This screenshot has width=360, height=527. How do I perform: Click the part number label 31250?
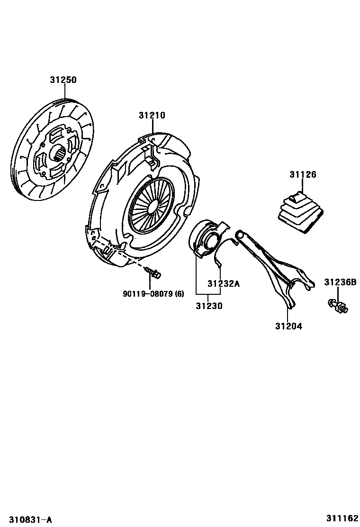(x=63, y=80)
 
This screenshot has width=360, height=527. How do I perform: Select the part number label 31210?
(x=152, y=115)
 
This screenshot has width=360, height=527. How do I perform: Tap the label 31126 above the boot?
(x=303, y=175)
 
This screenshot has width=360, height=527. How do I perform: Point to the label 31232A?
(x=224, y=284)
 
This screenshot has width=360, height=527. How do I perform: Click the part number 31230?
(x=209, y=306)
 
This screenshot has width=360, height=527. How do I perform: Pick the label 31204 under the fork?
(x=288, y=326)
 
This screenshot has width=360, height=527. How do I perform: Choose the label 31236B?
(x=340, y=283)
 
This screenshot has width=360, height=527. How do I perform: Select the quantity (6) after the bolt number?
(x=179, y=294)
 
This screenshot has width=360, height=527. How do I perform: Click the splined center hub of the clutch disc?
(x=57, y=154)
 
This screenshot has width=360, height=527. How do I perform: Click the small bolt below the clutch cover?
(x=153, y=272)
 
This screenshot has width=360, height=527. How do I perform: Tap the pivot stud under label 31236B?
(x=337, y=305)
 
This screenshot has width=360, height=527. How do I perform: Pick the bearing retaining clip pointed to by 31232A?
(x=218, y=258)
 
